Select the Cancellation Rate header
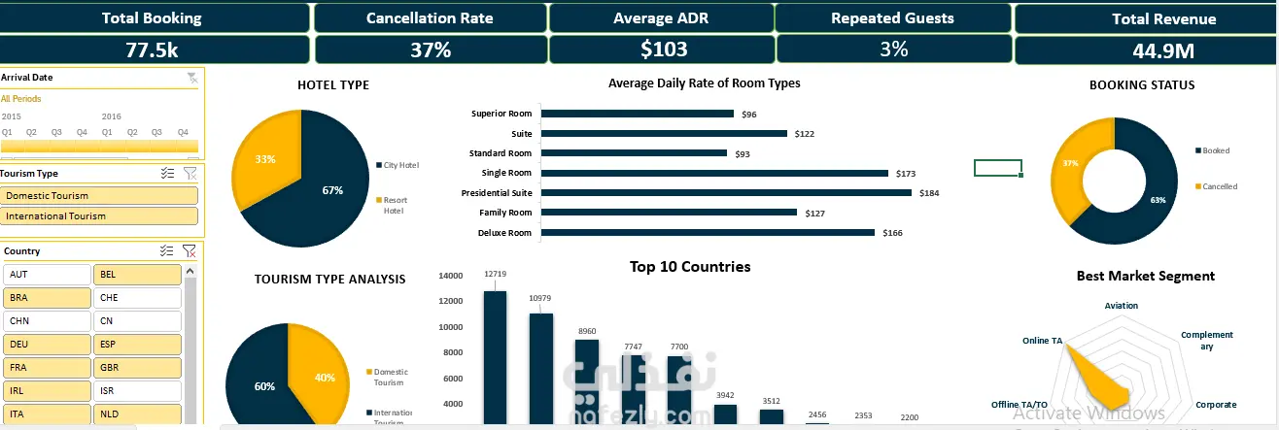point(429,17)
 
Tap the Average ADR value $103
point(663,50)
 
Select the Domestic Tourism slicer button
point(101,196)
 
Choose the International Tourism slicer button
point(101,216)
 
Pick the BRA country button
point(47,298)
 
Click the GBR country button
point(137,368)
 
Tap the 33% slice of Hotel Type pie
point(267,160)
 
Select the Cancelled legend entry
point(1220,186)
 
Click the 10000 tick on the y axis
point(449,327)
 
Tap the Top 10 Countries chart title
point(689,267)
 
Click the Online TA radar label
point(1042,341)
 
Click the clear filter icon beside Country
point(190,251)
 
